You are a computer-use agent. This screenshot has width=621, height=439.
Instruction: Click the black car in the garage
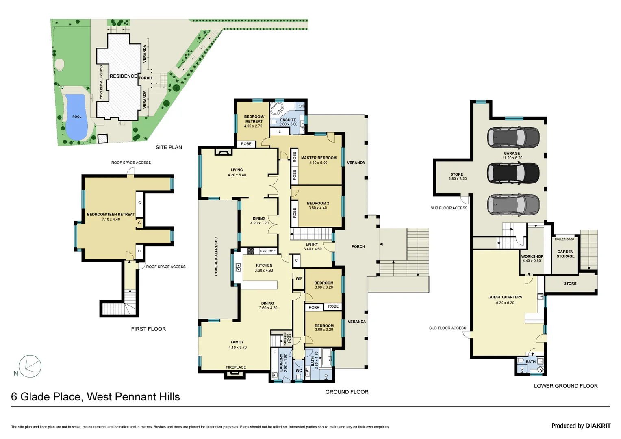click(x=513, y=173)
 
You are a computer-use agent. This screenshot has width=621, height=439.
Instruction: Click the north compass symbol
click(x=30, y=366)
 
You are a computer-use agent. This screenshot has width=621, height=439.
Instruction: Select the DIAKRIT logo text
click(x=598, y=426)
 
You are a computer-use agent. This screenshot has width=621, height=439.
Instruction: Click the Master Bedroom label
click(x=319, y=158)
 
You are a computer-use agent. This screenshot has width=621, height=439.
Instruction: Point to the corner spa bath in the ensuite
click(x=277, y=109)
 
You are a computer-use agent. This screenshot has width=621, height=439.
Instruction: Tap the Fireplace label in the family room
click(x=236, y=367)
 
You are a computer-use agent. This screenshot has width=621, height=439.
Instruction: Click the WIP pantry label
click(x=299, y=279)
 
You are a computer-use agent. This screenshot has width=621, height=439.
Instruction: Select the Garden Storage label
click(x=565, y=254)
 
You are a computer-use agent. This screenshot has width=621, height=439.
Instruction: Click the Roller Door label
click(x=565, y=239)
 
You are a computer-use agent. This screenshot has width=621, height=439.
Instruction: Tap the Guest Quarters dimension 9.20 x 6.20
click(x=505, y=303)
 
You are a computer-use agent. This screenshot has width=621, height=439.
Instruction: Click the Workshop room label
click(x=532, y=256)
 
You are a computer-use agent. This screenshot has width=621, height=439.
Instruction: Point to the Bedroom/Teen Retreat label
click(x=111, y=214)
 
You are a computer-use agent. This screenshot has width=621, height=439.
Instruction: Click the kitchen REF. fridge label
click(x=272, y=251)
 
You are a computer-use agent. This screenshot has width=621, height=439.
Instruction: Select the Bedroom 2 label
click(x=318, y=203)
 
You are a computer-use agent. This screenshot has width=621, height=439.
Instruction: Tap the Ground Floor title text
click(x=347, y=392)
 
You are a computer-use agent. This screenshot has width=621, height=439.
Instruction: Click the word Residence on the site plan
click(x=123, y=76)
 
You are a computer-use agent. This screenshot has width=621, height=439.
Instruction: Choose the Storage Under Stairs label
click(x=288, y=338)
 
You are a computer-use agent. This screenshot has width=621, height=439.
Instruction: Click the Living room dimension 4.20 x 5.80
click(x=237, y=175)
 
